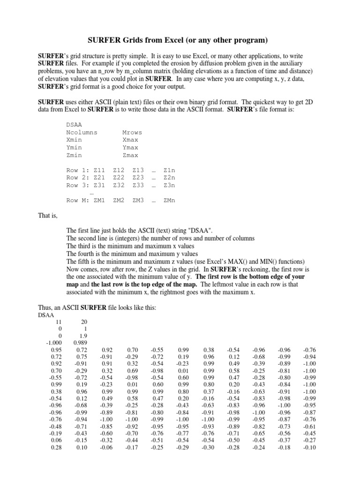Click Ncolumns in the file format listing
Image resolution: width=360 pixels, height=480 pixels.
(82, 132)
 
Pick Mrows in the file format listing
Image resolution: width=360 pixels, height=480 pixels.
(132, 132)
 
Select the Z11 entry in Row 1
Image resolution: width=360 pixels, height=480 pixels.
(99, 170)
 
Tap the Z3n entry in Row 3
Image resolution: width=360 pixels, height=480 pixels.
(169, 185)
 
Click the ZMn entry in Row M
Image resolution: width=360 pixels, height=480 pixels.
(169, 200)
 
